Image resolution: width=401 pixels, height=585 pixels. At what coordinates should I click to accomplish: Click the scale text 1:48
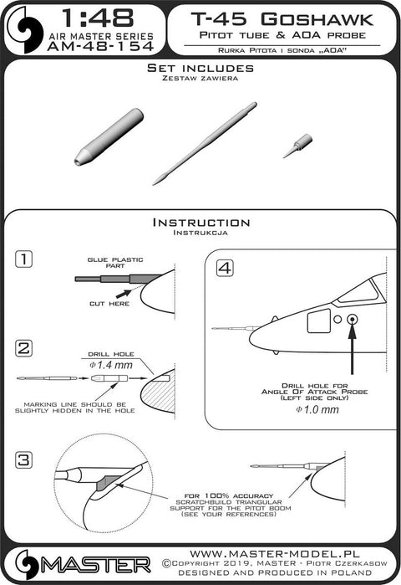pyautogui.click(x=97, y=18)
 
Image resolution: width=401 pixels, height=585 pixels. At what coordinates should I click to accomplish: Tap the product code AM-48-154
pyautogui.click(x=100, y=46)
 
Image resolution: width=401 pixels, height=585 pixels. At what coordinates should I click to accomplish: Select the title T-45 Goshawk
pyautogui.click(x=282, y=19)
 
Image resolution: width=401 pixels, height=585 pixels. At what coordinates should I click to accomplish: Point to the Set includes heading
pyautogui.click(x=200, y=68)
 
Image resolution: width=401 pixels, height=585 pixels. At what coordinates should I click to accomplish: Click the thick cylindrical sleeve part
pyautogui.click(x=109, y=136)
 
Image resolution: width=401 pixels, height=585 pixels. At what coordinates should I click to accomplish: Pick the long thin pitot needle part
pyautogui.click(x=205, y=143)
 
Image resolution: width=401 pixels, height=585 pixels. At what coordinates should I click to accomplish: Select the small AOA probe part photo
pyautogui.click(x=298, y=146)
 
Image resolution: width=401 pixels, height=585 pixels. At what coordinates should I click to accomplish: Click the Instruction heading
pyautogui.click(x=201, y=223)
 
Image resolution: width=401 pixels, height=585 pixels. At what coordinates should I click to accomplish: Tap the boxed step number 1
pyautogui.click(x=24, y=259)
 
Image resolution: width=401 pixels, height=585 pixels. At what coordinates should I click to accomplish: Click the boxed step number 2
pyautogui.click(x=24, y=349)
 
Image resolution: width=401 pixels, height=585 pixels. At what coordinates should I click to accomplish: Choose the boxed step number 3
pyautogui.click(x=24, y=459)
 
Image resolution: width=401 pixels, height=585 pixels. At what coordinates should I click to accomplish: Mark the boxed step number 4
pyautogui.click(x=226, y=268)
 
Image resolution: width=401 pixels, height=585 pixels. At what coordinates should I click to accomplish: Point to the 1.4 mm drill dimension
pyautogui.click(x=111, y=365)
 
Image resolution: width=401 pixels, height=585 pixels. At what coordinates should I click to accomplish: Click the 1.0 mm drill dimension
pyautogui.click(x=317, y=409)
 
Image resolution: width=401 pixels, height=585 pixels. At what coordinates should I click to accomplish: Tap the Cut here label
pyautogui.click(x=109, y=304)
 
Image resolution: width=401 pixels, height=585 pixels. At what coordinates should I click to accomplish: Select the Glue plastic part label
pyautogui.click(x=115, y=263)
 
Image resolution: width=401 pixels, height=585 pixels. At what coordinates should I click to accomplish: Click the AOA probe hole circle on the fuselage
pyautogui.click(x=352, y=320)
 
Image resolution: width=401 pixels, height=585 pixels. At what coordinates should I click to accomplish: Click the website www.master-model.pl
pyautogui.click(x=275, y=553)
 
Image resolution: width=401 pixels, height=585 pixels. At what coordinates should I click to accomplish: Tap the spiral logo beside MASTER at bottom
pyautogui.click(x=27, y=565)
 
